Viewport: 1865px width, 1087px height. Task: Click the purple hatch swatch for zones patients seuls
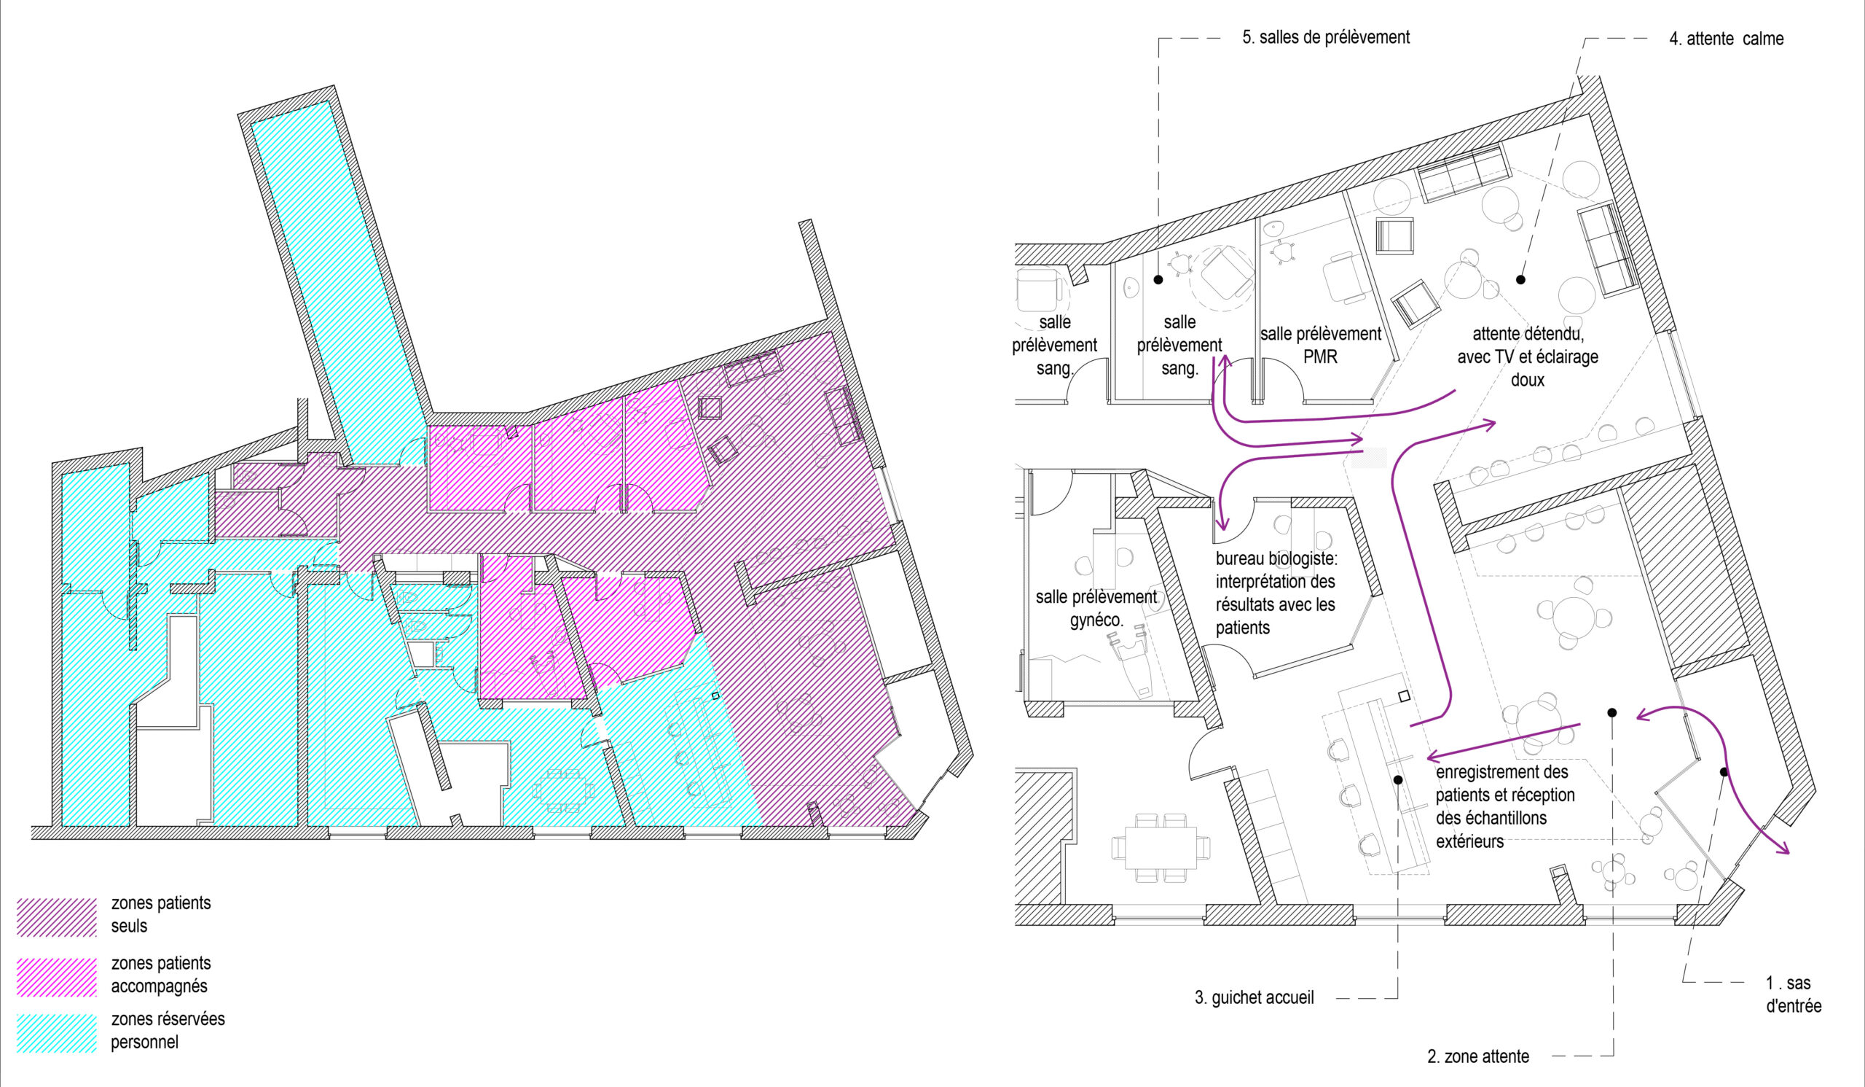tap(57, 917)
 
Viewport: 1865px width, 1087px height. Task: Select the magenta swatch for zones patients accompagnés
tap(57, 978)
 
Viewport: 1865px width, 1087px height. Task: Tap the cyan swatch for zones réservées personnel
tap(57, 1034)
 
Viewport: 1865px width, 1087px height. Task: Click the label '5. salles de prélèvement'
tap(1325, 37)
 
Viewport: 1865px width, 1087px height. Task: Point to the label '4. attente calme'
tap(1726, 39)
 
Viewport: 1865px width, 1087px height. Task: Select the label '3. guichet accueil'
tap(1255, 997)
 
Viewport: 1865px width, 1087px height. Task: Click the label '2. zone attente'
tap(1478, 1056)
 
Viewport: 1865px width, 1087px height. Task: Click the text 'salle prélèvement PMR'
tap(1321, 345)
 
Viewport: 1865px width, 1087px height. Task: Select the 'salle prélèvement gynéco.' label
tap(1096, 607)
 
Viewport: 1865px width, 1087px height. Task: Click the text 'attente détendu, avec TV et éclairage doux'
tap(1528, 357)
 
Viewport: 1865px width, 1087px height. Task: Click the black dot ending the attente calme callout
tap(1520, 280)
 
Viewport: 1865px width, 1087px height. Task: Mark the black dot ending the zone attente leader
tap(1612, 712)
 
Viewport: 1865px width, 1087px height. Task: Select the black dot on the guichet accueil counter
tap(1398, 779)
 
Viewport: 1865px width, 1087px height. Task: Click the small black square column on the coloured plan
tap(715, 696)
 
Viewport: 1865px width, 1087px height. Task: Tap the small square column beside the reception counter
tap(1403, 696)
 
